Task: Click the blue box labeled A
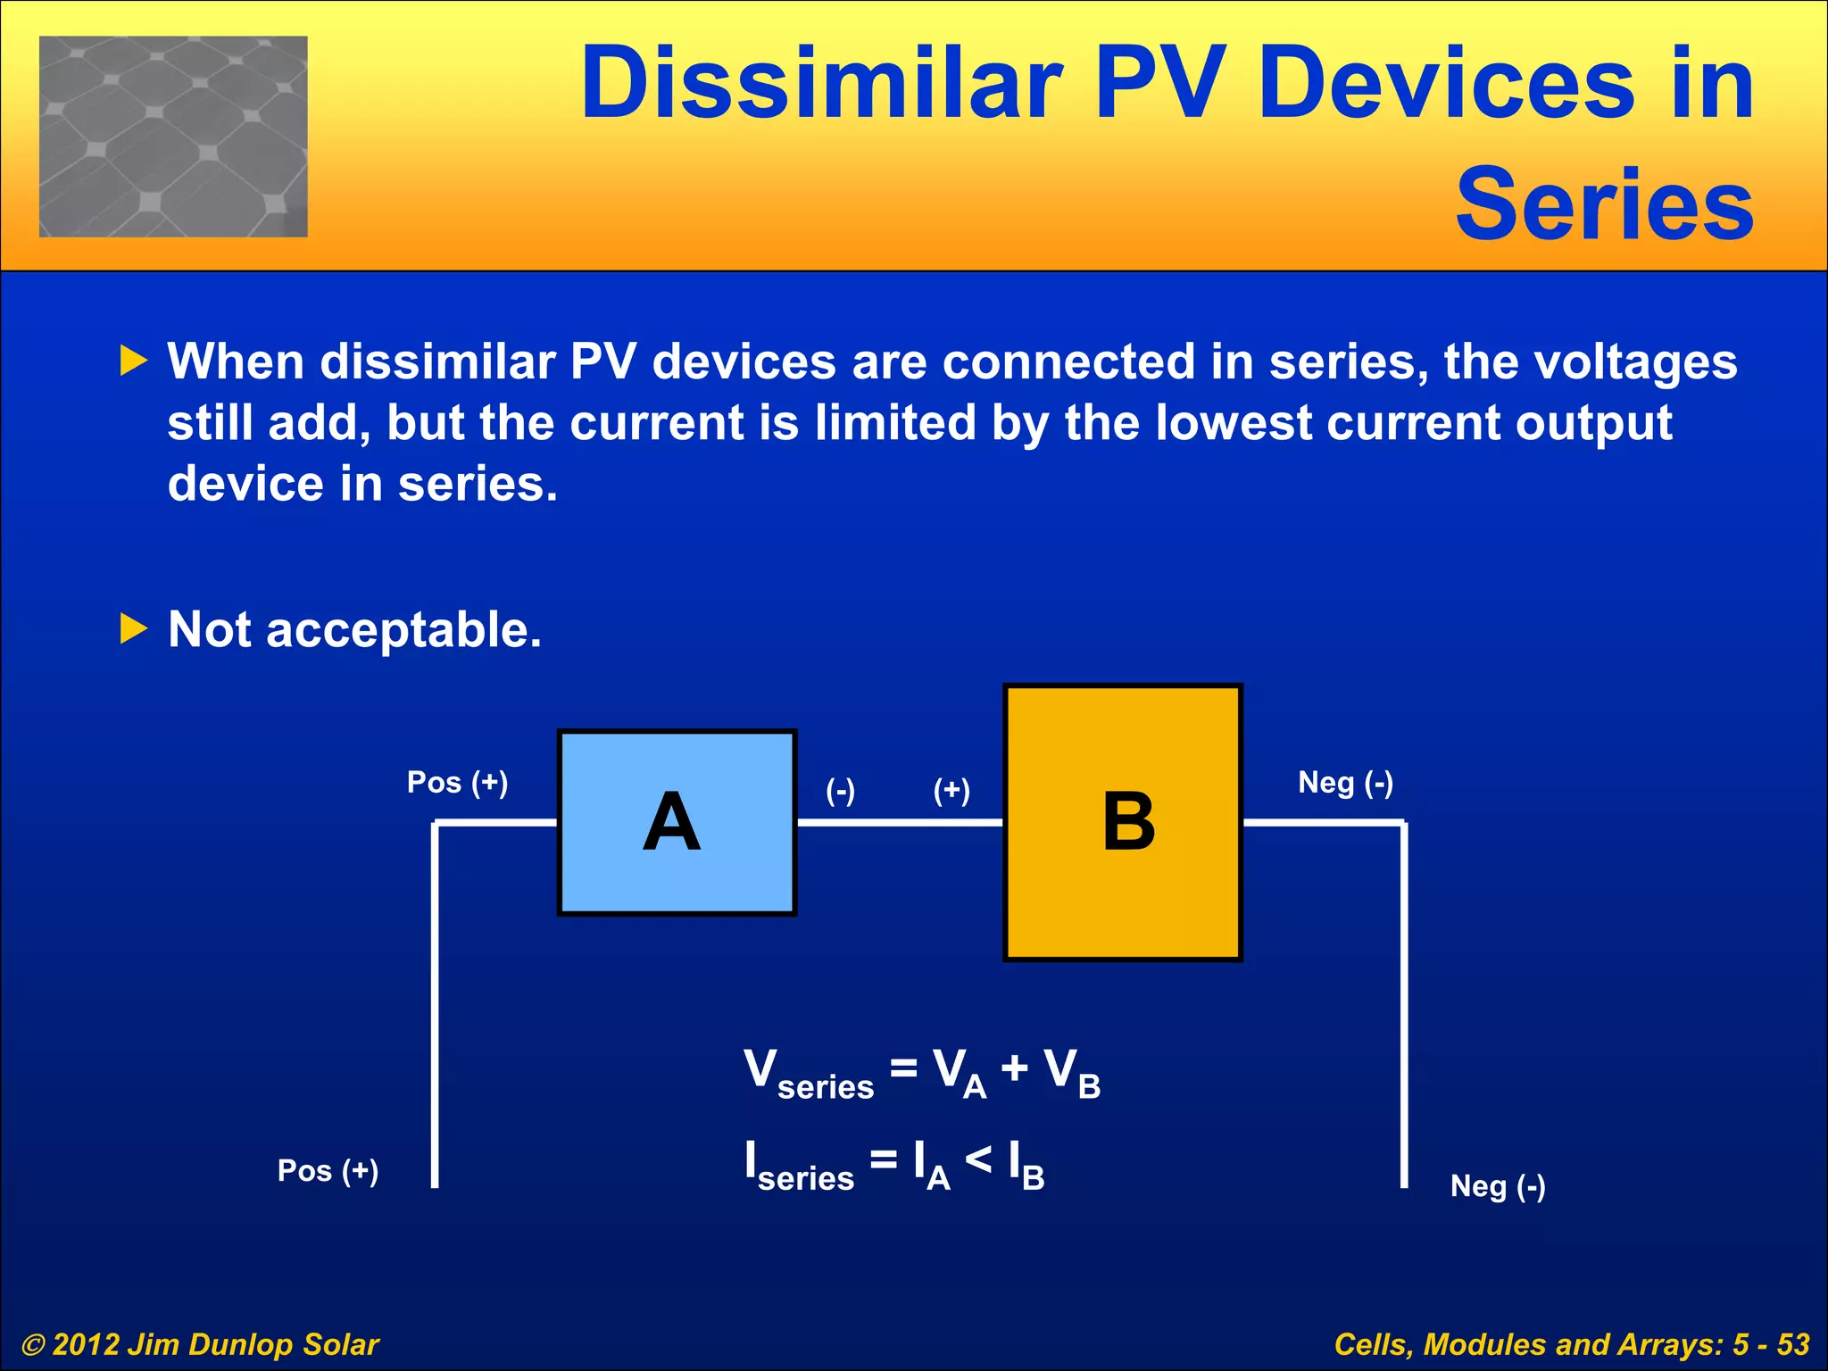click(x=677, y=822)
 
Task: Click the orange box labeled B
click(x=1123, y=822)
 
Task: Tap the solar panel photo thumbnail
click(x=173, y=137)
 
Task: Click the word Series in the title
click(x=1604, y=205)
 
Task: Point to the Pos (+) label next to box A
click(x=457, y=783)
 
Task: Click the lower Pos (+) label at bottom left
click(x=328, y=1170)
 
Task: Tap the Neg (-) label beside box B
click(x=1345, y=783)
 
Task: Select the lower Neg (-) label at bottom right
click(x=1498, y=1186)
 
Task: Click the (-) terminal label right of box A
click(x=840, y=790)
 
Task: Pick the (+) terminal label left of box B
click(x=951, y=790)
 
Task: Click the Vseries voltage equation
click(x=922, y=1072)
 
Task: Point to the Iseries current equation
click(x=894, y=1164)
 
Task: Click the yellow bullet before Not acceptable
click(x=133, y=629)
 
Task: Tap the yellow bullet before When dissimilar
click(x=133, y=361)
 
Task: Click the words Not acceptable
click(x=354, y=629)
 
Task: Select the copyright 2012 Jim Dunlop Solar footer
click(x=200, y=1344)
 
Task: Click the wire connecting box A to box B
click(x=900, y=822)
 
